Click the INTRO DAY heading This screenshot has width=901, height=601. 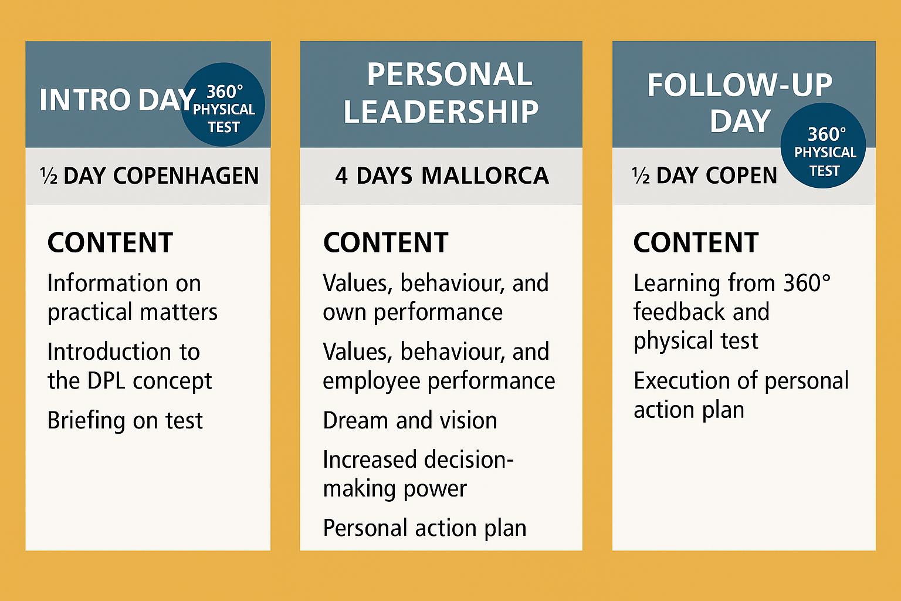click(117, 99)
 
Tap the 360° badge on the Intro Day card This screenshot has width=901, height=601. click(223, 104)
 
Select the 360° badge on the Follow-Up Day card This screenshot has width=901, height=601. click(823, 146)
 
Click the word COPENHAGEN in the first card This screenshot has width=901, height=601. click(186, 176)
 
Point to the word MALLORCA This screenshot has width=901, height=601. click(485, 176)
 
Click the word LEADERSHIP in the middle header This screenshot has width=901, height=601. click(441, 112)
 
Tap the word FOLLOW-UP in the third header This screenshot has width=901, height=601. click(740, 85)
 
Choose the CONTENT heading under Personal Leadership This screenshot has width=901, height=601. click(386, 242)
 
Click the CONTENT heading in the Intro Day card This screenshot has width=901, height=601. click(110, 242)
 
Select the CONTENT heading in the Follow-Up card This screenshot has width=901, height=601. click(696, 242)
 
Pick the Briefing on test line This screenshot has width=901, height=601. click(125, 421)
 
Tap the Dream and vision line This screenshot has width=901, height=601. click(410, 421)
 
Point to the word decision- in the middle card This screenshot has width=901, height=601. click(468, 460)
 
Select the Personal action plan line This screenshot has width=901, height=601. click(424, 529)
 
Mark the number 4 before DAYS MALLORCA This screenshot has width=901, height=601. click(341, 176)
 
